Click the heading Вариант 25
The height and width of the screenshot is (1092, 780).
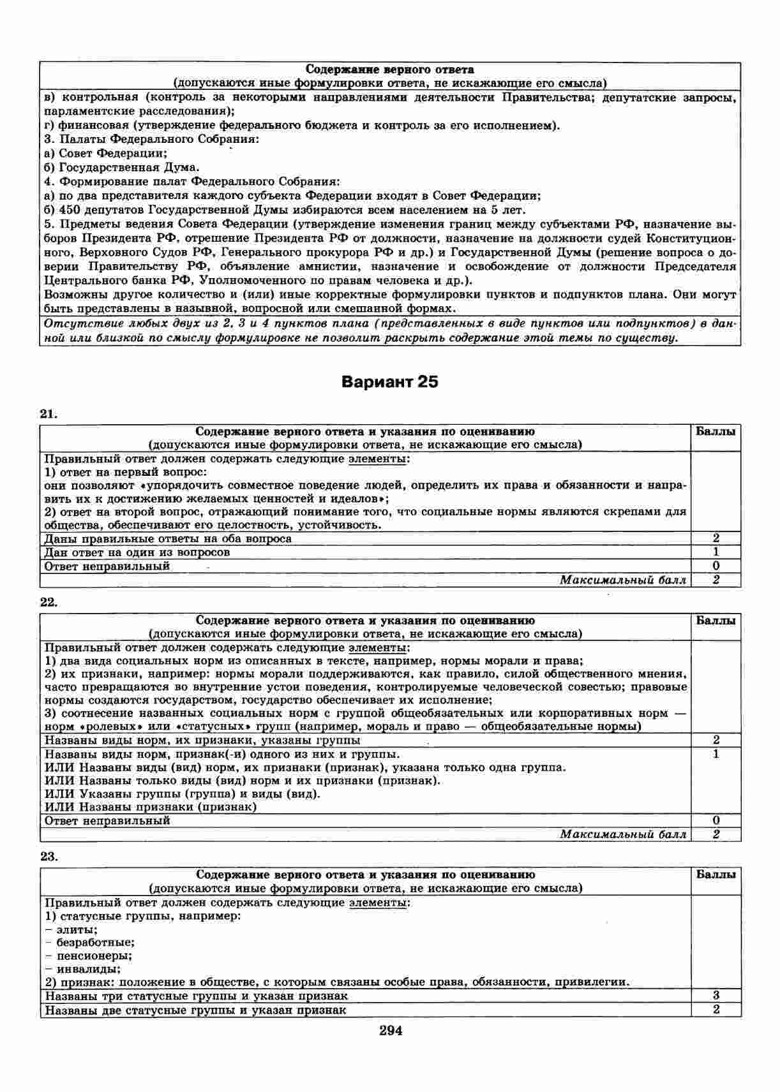pos(390,382)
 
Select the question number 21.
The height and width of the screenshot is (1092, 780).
pos(49,414)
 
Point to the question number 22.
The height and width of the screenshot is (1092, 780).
pos(49,603)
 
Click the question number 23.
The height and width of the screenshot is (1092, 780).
pos(49,857)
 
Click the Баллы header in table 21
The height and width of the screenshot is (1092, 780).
pos(716,431)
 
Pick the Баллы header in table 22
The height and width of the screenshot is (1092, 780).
pos(716,621)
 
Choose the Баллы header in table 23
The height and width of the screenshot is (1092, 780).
pos(716,874)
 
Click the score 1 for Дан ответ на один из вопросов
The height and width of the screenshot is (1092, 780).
pos(716,552)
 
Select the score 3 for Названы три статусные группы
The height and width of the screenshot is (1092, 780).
pos(716,996)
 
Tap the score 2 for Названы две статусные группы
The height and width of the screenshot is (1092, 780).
pos(716,1010)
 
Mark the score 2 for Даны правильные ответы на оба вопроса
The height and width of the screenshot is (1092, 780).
pos(716,538)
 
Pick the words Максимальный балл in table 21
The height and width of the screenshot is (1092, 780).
pos(623,580)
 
